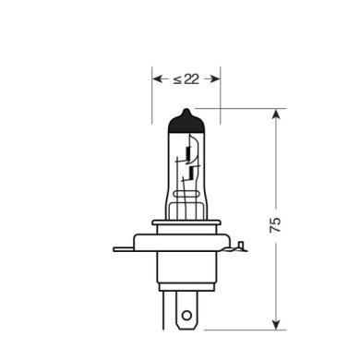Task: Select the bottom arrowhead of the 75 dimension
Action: click(275, 324)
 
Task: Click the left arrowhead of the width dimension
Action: click(158, 79)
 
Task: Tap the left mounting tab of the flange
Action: click(124, 247)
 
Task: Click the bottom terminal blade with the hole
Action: click(186, 309)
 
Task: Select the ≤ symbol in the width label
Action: click(176, 79)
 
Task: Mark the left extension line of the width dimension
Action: click(152, 97)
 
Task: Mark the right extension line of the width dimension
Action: click(222, 97)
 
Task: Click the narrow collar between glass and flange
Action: click(186, 227)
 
